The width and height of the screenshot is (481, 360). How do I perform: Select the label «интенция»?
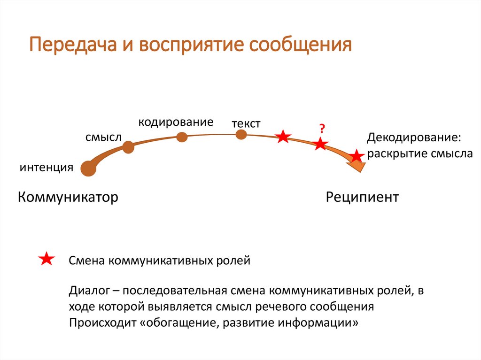[x=47, y=168]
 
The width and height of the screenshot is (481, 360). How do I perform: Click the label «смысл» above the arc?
[x=103, y=137]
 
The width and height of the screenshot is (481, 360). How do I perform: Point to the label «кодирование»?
[x=176, y=122]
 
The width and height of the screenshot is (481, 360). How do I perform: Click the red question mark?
[x=322, y=128]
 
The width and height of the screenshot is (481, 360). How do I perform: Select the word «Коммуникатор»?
[x=68, y=197]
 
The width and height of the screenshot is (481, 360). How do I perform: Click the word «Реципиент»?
[x=362, y=197]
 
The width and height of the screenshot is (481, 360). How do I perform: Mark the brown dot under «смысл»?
[x=128, y=147]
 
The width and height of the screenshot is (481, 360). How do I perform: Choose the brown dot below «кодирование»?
[x=182, y=137]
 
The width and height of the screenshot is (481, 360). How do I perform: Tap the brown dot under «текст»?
[x=241, y=135]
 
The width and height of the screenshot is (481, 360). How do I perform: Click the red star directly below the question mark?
[x=320, y=144]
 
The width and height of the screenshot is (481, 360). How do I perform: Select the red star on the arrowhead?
[x=357, y=156]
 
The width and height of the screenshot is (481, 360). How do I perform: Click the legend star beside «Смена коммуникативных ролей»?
[x=47, y=259]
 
